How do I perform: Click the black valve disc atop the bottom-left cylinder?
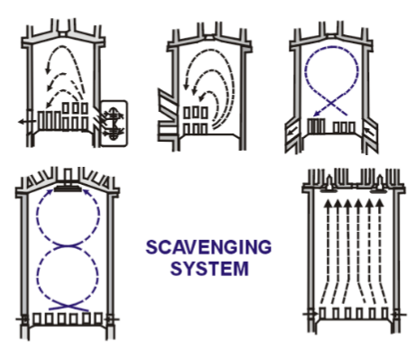pyautogui.click(x=66, y=189)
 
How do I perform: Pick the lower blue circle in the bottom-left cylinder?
pyautogui.click(x=66, y=275)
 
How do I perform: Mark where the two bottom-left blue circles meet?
pyautogui.click(x=66, y=246)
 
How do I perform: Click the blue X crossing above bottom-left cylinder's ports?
pyautogui.click(x=66, y=304)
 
